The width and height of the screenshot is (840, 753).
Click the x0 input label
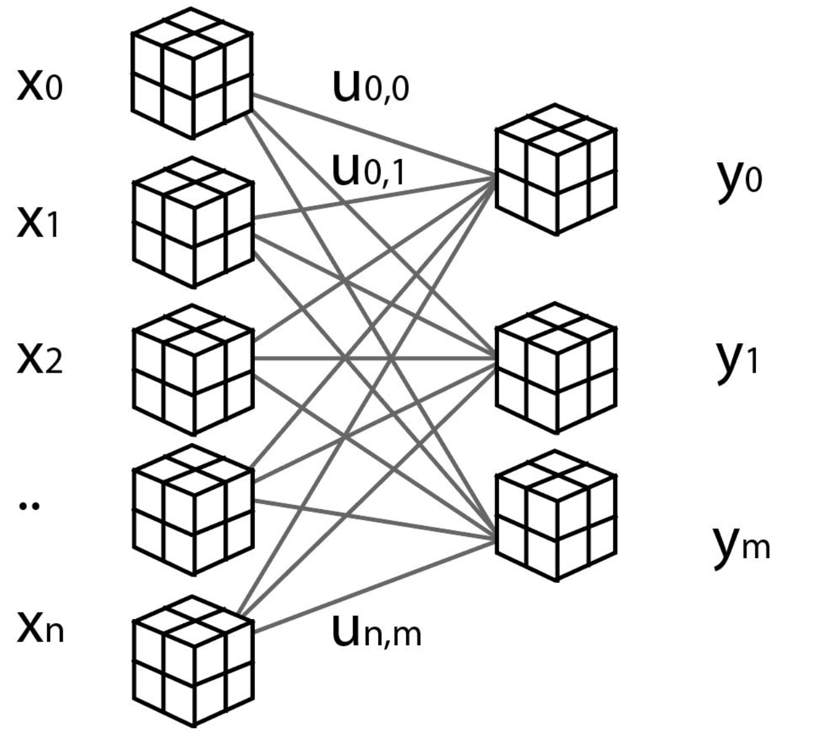tap(39, 86)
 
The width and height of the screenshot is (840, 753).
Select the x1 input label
tap(38, 224)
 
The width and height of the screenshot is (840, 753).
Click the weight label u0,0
tap(371, 87)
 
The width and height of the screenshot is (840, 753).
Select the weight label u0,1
tap(369, 169)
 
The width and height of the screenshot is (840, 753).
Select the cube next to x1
tap(193, 221)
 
